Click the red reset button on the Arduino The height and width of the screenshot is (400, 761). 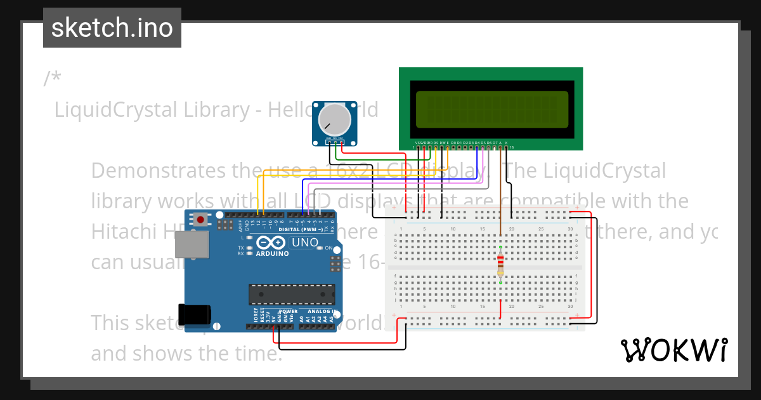pyautogui.click(x=201, y=220)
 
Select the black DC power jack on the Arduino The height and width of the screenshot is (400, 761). pyautogui.click(x=193, y=315)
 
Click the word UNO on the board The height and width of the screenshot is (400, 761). pyautogui.click(x=304, y=243)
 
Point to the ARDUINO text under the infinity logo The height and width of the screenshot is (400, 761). pyautogui.click(x=272, y=253)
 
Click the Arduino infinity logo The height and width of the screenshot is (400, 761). pyautogui.click(x=272, y=243)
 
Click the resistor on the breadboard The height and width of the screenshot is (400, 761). pyautogui.click(x=501, y=262)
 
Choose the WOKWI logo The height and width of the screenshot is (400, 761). pyautogui.click(x=673, y=350)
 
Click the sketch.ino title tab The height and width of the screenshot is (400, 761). pyautogui.click(x=112, y=28)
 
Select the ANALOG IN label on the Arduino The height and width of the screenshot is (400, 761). pyautogui.click(x=322, y=312)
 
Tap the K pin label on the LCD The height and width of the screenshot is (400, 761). pyautogui.click(x=506, y=143)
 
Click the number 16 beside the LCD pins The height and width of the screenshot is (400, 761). pyautogui.click(x=511, y=147)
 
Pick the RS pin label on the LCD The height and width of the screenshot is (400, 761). pyautogui.click(x=436, y=143)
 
